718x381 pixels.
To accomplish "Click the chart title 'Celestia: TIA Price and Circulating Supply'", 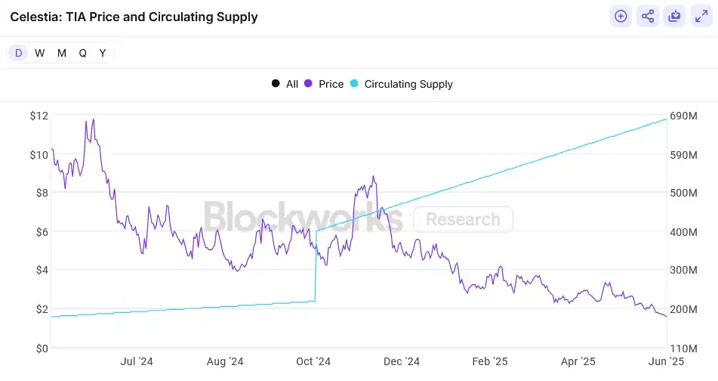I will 134,17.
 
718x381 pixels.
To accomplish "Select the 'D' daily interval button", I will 19,53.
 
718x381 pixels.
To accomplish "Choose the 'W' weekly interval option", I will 40,53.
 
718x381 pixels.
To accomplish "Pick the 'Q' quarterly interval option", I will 82,53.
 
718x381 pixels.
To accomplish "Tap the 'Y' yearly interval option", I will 103,53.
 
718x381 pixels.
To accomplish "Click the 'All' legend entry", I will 285,84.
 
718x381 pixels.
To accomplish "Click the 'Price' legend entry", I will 324,84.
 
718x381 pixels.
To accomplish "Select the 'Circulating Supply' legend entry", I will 402,84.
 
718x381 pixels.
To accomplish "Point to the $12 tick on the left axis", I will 39,116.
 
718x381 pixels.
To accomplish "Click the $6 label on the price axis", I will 39,232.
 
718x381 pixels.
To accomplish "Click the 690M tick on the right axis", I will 684,116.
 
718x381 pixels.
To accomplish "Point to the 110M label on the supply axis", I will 684,348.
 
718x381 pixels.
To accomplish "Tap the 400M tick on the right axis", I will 684,232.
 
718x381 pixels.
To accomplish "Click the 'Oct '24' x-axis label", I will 313,362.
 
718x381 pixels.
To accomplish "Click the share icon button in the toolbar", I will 648,16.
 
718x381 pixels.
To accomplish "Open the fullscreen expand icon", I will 700,16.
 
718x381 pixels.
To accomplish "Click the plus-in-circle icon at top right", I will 621,16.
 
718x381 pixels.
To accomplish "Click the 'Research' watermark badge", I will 463,219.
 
